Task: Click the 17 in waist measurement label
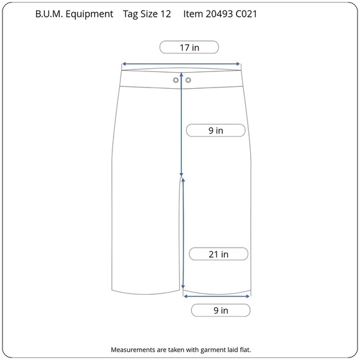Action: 189,47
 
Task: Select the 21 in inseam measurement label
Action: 218,254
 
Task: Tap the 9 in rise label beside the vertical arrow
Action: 215,130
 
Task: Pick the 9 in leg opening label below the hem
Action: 220,310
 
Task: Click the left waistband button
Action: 176,80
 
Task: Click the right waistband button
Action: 188,80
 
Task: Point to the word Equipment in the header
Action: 89,14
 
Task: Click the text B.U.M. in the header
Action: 49,14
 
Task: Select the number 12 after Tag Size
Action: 166,14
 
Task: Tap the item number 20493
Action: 219,14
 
